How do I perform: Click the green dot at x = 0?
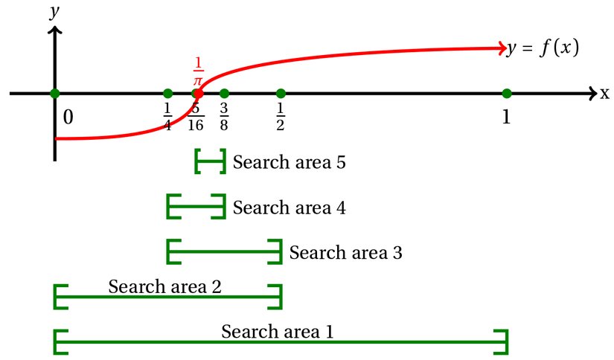coord(54,94)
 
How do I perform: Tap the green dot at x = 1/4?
coord(167,94)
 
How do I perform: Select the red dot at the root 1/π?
coord(197,94)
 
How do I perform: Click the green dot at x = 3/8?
coord(224,94)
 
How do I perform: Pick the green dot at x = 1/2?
coord(281,94)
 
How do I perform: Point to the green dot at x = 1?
coord(507,94)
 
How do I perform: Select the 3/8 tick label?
coord(224,116)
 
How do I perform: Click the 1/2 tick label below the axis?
coord(281,116)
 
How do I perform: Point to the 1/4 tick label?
coord(167,116)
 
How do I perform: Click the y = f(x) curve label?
coord(543,49)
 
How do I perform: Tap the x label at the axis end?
coord(604,94)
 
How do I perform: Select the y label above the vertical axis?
coord(54,12)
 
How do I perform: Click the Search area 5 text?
coord(290,162)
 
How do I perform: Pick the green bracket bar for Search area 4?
coord(196,207)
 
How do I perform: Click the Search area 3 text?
coord(346,253)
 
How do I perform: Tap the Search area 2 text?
coord(164,286)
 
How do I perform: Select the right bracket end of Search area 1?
coord(506,341)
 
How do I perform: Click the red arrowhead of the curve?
coord(501,49)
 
